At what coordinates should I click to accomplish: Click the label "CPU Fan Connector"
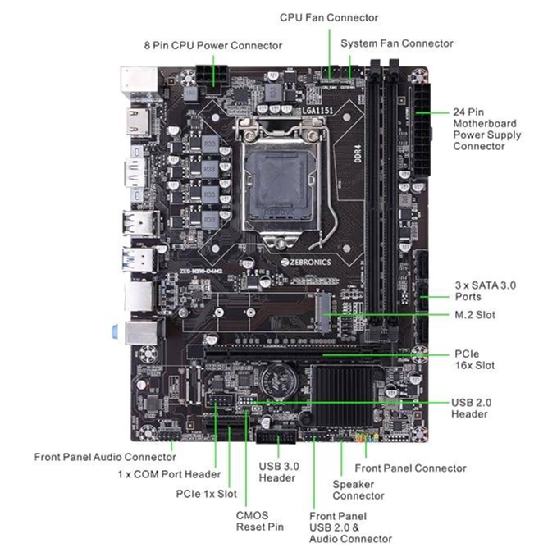coord(329,17)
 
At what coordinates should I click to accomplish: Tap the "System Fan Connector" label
coord(396,43)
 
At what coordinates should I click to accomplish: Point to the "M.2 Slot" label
coord(474,315)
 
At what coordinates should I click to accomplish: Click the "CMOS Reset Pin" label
coord(259,521)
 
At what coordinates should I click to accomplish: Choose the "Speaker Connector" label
coord(358,490)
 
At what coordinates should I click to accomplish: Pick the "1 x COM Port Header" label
coord(169,474)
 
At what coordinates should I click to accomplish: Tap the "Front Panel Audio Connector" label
coord(105,457)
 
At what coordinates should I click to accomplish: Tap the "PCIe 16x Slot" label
coord(474,359)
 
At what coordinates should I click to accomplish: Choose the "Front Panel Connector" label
coord(410,468)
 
